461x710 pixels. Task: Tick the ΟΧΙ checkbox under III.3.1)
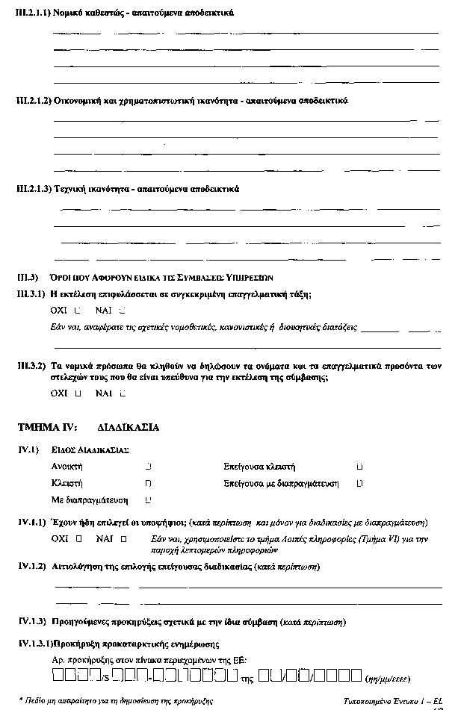(x=78, y=310)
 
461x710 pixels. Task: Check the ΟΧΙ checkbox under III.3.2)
(x=78, y=392)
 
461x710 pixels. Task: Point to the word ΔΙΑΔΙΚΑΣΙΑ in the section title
(x=128, y=428)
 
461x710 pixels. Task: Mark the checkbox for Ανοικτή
(x=149, y=467)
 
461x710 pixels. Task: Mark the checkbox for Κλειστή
(x=149, y=484)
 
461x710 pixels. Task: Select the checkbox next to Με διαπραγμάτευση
(x=149, y=499)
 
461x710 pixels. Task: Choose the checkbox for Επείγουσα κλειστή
(x=360, y=467)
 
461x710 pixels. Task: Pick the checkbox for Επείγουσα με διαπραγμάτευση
(x=360, y=484)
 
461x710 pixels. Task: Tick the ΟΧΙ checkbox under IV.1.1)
(x=78, y=538)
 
